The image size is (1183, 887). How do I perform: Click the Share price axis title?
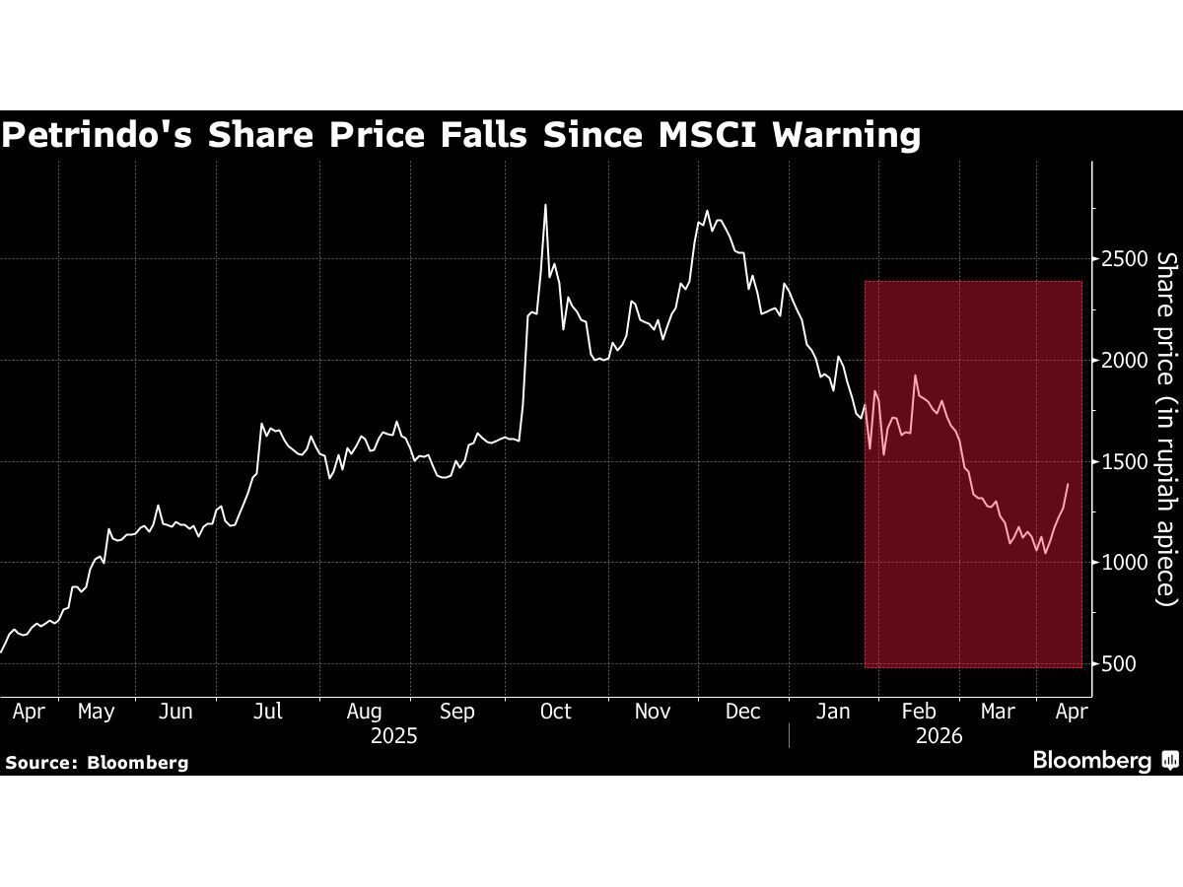tap(1167, 428)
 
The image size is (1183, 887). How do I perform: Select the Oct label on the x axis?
tap(556, 712)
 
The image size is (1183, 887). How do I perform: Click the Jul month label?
tap(267, 712)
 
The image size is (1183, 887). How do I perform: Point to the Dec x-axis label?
tap(742, 712)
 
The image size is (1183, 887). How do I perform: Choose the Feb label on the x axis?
tap(919, 712)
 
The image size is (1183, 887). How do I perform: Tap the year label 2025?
tap(393, 736)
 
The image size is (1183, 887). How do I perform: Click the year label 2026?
tap(939, 736)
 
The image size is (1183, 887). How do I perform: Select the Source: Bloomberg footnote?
tap(97, 762)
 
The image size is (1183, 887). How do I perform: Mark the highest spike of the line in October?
tap(545, 205)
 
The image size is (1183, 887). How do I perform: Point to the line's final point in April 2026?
tap(1068, 484)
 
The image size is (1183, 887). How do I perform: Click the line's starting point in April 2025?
tap(1, 651)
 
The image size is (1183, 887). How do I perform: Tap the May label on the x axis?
tap(96, 712)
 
